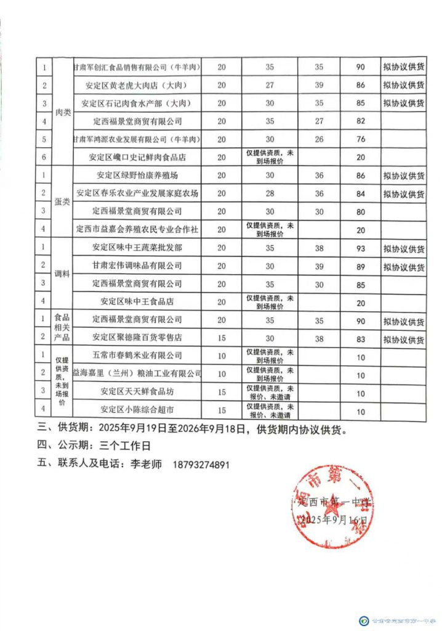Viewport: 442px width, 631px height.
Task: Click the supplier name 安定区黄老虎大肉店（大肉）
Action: [x=137, y=85]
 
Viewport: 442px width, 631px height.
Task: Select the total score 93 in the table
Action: [x=361, y=248]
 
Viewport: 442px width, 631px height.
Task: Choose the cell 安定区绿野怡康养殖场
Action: [x=137, y=176]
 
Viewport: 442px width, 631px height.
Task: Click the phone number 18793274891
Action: [x=203, y=465]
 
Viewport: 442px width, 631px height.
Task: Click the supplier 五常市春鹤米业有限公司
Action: [x=137, y=356]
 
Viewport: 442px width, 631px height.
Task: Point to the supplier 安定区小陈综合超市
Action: [x=137, y=410]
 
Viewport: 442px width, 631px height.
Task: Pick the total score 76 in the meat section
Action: [x=361, y=139]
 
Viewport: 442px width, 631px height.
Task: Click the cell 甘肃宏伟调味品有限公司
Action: [x=137, y=266]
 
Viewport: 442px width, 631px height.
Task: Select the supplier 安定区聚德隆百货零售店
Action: [x=137, y=338]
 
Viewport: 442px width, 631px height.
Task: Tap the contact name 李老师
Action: [x=147, y=465]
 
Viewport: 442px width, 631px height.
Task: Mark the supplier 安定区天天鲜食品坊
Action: [x=137, y=391]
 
